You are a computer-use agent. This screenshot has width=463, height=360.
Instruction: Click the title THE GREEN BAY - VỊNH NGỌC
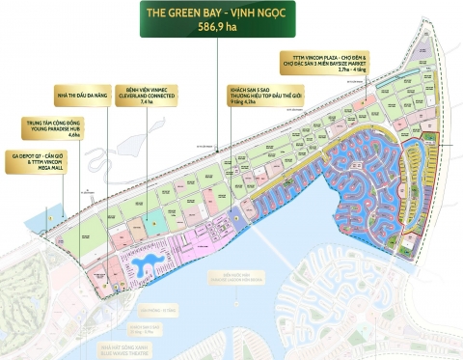[x=231, y=14]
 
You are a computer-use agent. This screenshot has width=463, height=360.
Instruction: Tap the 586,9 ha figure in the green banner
[x=231, y=29]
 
